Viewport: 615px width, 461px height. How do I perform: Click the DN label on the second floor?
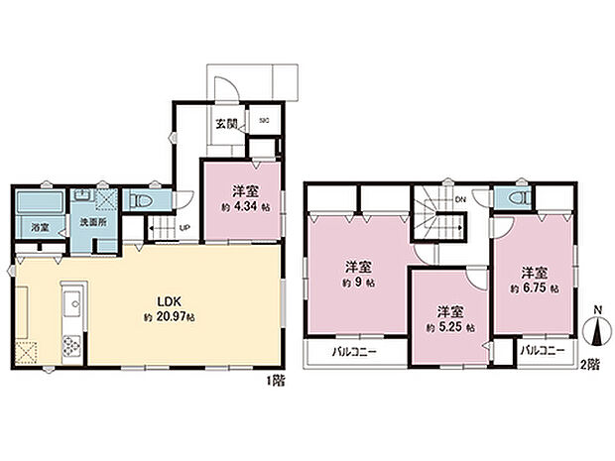click(x=460, y=199)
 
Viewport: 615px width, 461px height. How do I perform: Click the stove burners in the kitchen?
click(x=71, y=346)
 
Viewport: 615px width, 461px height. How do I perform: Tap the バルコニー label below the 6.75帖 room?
click(x=543, y=352)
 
